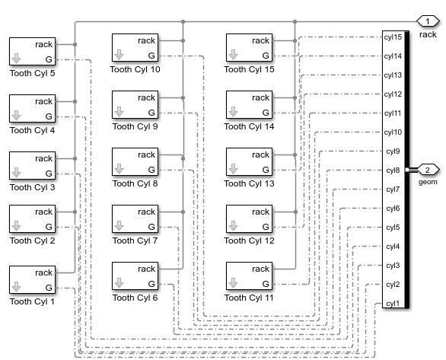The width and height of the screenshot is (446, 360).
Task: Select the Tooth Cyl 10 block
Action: [x=135, y=48]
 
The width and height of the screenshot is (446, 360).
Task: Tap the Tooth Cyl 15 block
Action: [x=249, y=48]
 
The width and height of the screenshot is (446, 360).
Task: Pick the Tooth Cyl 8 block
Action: [x=135, y=162]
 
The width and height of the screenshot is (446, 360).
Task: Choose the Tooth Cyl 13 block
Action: [x=249, y=162]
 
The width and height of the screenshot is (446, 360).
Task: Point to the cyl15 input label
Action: [x=393, y=37]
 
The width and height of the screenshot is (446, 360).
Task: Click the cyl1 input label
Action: [x=393, y=304]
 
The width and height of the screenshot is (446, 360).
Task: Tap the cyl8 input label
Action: [x=393, y=170]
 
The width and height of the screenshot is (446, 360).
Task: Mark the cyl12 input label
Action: [x=393, y=94]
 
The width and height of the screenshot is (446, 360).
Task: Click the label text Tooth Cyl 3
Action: [x=32, y=187]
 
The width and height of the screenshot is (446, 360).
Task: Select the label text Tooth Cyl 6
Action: [x=135, y=298]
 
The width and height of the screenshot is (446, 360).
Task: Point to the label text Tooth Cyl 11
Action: [x=249, y=298]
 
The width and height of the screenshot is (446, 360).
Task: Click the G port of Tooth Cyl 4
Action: [x=49, y=116]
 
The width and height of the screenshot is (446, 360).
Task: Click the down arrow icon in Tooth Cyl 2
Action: [x=17, y=226]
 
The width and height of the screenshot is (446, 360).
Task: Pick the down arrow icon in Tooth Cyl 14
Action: [x=234, y=112]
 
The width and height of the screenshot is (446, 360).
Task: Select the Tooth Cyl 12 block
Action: [x=249, y=219]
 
